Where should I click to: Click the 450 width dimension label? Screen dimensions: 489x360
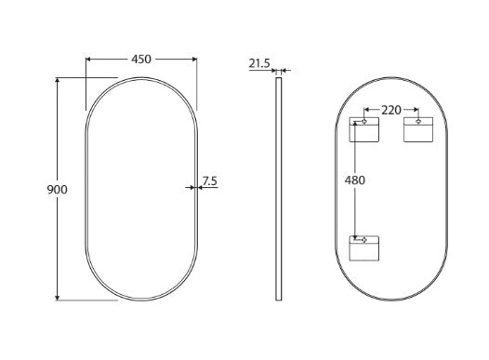click(141, 60)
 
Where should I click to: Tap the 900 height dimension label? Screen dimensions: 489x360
click(57, 190)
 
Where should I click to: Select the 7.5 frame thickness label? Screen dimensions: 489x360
click(209, 180)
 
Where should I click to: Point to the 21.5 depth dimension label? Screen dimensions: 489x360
click(259, 63)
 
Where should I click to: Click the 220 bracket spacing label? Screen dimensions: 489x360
click(391, 110)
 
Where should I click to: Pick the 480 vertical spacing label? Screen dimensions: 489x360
click(355, 180)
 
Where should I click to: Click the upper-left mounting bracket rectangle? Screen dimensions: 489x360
click(363, 130)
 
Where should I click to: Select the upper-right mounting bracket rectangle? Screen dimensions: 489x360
click(418, 130)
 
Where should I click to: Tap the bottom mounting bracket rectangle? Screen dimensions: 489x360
click(363, 248)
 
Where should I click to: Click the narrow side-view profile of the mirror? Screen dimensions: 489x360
click(279, 189)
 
